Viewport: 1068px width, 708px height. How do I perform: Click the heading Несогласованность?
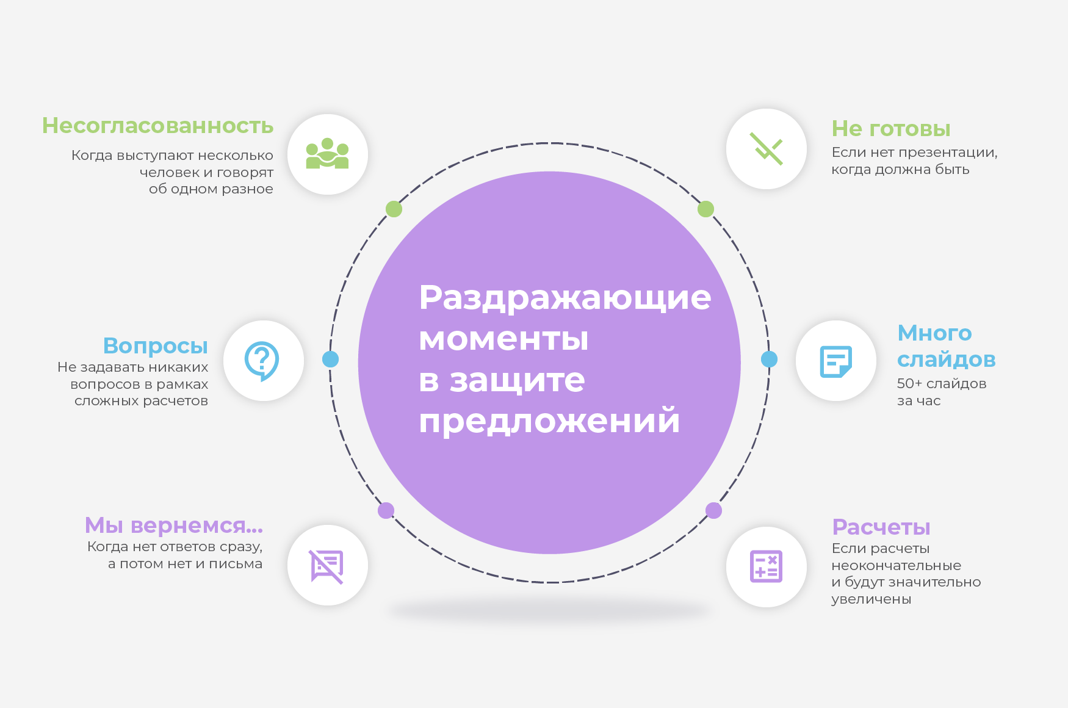[157, 126]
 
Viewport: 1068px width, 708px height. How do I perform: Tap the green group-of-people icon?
[327, 153]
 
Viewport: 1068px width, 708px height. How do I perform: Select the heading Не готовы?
[891, 129]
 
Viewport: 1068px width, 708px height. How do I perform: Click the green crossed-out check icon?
[766, 149]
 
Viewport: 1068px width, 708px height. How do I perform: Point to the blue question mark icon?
[262, 361]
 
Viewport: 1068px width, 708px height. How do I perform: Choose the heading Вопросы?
[156, 346]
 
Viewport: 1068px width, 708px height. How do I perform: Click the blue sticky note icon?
[835, 361]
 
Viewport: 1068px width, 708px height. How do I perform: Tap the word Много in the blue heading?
[934, 333]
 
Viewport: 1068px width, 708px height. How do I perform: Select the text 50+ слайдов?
[942, 384]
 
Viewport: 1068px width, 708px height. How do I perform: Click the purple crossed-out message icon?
[327, 566]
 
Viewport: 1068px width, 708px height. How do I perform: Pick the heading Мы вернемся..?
[173, 525]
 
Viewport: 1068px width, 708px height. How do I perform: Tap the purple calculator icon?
[766, 566]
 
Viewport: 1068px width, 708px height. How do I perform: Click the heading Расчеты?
[881, 527]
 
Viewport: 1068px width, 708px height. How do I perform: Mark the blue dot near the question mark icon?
[330, 359]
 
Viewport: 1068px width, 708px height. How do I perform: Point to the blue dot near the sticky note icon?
[769, 359]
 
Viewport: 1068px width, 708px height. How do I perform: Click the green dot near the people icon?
[394, 209]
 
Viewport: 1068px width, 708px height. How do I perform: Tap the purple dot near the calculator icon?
[713, 510]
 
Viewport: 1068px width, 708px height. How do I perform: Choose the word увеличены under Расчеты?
[871, 600]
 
